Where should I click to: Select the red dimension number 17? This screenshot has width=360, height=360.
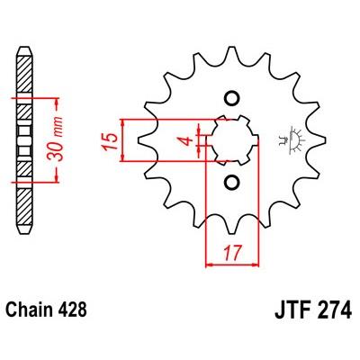point(232,253)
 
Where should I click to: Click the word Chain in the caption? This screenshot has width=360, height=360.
point(27,310)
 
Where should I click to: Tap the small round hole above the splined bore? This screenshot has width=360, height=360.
point(231,99)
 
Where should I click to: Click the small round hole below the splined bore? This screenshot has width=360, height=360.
point(231,183)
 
